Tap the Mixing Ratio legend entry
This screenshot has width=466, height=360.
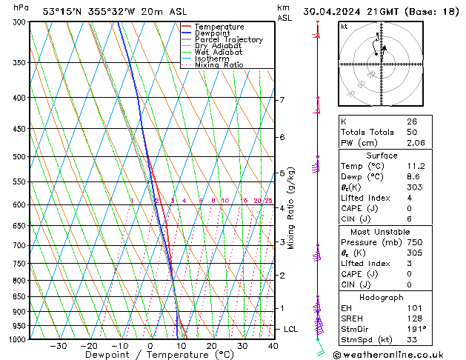(219, 65)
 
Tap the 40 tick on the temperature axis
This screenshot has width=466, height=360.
(273, 346)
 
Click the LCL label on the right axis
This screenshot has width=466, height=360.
(291, 328)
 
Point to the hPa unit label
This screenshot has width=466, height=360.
(21, 7)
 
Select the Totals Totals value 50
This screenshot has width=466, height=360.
(411, 131)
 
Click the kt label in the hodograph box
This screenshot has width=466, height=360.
(344, 27)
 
